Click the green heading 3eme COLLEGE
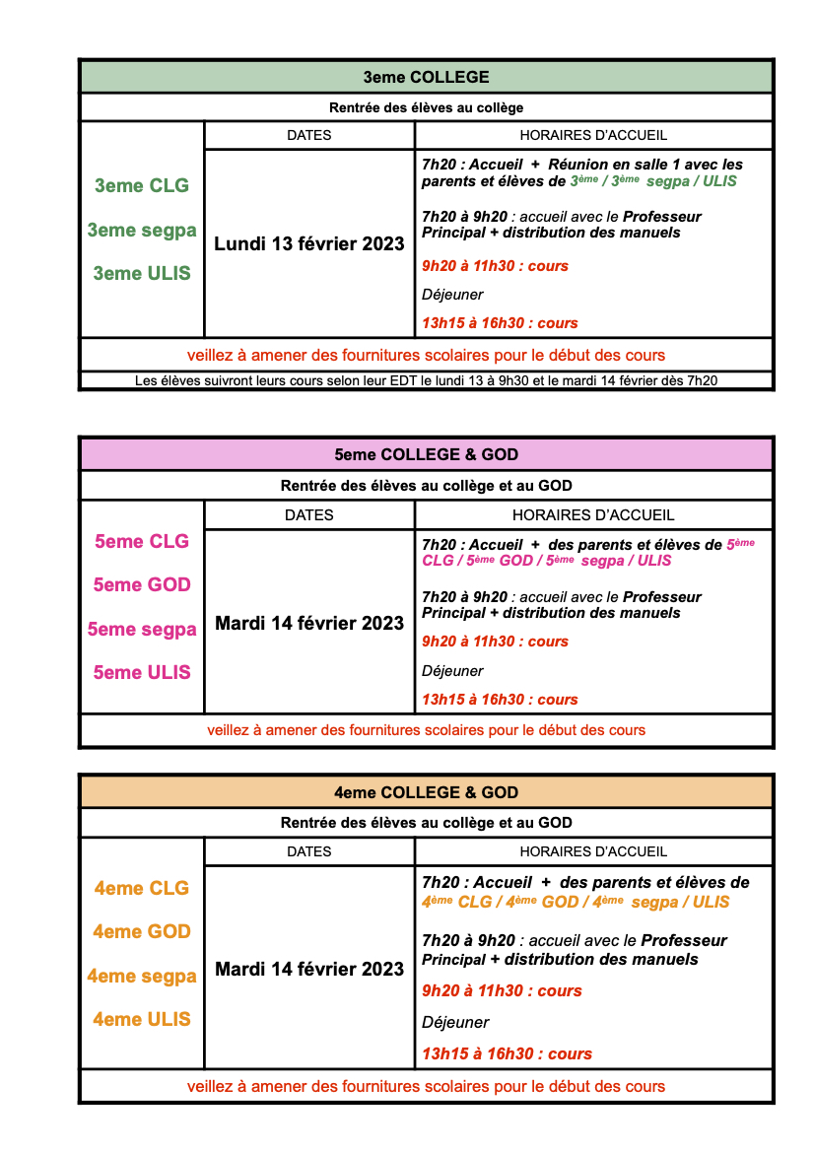426,77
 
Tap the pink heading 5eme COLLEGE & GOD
426,454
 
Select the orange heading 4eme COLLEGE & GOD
426,792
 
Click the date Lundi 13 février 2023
309,243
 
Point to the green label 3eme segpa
142,230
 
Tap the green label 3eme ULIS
142,273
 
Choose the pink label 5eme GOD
142,584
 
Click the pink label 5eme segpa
142,629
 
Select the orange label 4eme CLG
142,888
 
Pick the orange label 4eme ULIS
142,1019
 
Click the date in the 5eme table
309,623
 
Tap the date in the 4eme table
309,969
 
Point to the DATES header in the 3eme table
309,135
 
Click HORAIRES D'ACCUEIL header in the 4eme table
593,851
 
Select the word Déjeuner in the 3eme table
452,295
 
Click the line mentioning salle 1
581,165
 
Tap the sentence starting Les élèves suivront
426,379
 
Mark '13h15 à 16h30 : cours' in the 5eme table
500,700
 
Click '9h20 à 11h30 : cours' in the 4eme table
502,990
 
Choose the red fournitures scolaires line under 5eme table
426,730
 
